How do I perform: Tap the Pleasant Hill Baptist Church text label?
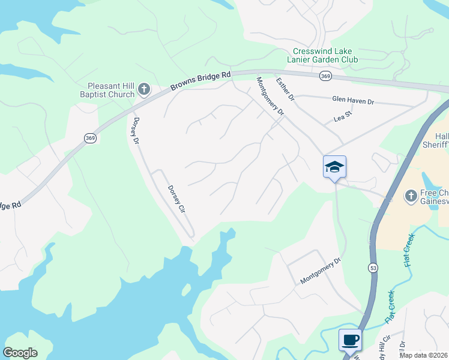107,90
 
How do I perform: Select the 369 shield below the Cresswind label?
325,76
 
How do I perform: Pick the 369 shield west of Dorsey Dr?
90,138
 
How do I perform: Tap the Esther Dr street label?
285,89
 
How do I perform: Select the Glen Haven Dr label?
353,101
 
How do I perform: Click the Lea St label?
342,119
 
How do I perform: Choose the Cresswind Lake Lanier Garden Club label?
325,55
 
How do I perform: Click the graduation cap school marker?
334,166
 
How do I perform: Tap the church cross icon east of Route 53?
411,195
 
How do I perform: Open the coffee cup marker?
351,340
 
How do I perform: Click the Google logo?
20,353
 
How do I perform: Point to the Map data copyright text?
423,355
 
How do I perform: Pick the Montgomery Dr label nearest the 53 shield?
321,271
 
